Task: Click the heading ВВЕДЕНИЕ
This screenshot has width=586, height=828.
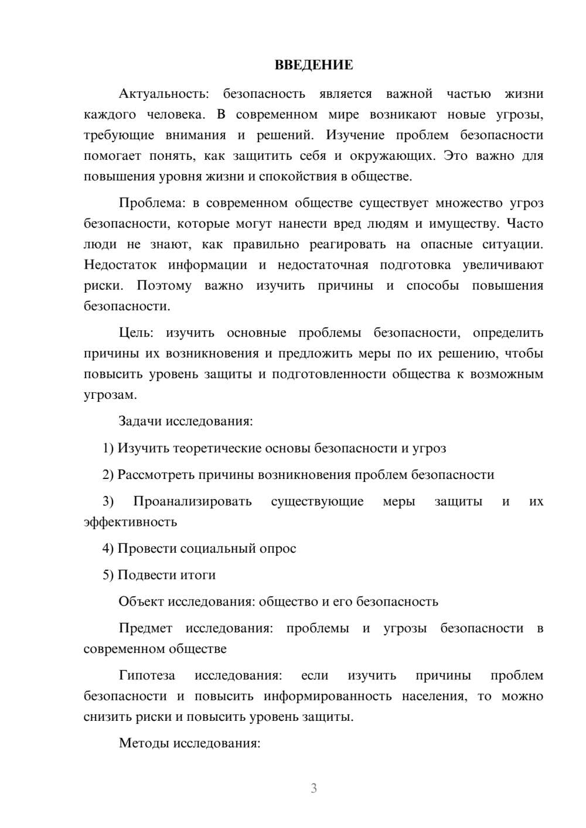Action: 314,65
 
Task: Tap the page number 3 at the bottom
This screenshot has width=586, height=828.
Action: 314,788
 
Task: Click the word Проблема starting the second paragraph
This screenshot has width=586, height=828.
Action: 152,203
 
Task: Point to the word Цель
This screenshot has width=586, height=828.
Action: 136,333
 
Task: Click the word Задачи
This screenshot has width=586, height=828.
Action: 141,421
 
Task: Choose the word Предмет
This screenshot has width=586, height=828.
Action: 145,628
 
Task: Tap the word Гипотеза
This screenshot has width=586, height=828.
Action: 147,675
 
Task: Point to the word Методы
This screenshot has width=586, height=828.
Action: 141,743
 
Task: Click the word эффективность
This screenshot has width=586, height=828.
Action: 130,521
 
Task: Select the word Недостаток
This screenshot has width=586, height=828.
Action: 120,265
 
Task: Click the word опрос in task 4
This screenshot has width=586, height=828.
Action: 278,549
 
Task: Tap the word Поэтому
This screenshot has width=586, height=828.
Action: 164,286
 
